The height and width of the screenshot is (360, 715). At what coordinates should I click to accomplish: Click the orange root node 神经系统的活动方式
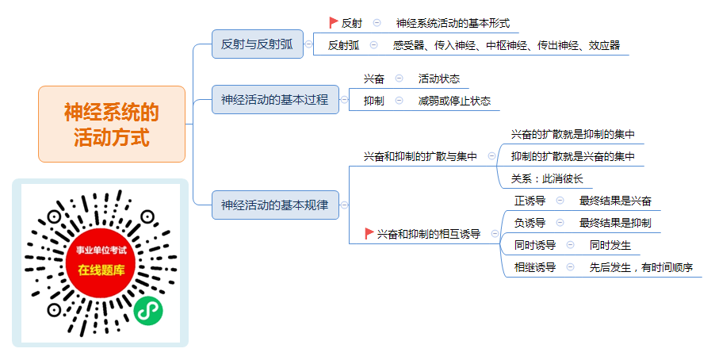click(x=112, y=124)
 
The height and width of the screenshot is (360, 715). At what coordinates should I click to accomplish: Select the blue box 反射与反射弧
click(x=257, y=44)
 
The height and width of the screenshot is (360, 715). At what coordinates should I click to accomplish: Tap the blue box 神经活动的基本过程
click(x=275, y=99)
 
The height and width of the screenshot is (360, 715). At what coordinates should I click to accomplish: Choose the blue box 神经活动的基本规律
click(x=275, y=205)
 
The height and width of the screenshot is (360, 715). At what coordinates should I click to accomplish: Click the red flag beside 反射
click(x=334, y=22)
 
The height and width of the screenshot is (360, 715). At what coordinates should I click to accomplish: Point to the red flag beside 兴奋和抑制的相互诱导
click(x=369, y=234)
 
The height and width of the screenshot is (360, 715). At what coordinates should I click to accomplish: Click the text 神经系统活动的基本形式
click(x=453, y=23)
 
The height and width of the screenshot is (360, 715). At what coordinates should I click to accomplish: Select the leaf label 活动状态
click(x=439, y=79)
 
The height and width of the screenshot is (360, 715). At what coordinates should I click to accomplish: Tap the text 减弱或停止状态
click(x=455, y=101)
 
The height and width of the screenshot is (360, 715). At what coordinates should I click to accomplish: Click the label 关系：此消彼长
click(x=547, y=178)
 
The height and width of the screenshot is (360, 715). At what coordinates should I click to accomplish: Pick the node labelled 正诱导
click(x=530, y=201)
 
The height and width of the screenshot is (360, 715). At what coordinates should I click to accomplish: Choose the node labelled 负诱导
click(x=530, y=223)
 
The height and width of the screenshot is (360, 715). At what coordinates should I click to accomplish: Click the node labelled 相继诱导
click(x=535, y=267)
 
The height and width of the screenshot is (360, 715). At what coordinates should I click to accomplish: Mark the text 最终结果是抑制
click(x=615, y=223)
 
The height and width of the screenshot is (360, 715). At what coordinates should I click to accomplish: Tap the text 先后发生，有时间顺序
click(x=641, y=267)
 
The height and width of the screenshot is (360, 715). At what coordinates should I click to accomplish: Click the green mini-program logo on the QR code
click(x=148, y=311)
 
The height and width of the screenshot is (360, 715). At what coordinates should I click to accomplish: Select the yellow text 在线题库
click(x=101, y=270)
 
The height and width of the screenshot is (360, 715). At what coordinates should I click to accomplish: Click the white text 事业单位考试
click(x=101, y=251)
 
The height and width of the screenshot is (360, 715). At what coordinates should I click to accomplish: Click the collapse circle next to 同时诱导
click(x=570, y=244)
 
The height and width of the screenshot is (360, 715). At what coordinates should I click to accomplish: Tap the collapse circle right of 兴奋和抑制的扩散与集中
click(x=491, y=156)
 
